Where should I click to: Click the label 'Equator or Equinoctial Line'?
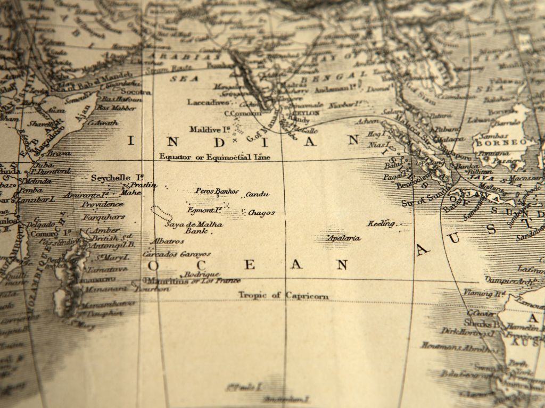(215, 157)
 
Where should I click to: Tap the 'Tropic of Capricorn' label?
(283, 295)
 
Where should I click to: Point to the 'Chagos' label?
(262, 213)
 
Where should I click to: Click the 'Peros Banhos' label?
(217, 190)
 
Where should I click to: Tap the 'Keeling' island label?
(382, 223)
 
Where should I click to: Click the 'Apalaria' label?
(344, 238)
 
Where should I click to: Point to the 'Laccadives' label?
(208, 101)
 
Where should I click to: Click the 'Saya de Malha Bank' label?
(194, 228)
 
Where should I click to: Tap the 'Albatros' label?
(167, 242)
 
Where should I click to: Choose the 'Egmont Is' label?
(204, 210)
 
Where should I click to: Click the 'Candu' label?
(258, 195)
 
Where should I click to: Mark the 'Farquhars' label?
(104, 217)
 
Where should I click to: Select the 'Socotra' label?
(139, 91)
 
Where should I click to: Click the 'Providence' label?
(102, 205)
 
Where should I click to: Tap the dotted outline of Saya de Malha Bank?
(161, 213)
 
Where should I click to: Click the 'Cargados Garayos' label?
(177, 254)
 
